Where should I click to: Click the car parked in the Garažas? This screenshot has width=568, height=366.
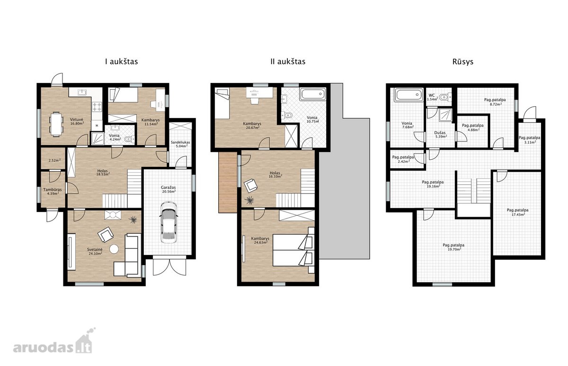point(169,223)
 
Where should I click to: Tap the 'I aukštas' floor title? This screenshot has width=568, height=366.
point(122,62)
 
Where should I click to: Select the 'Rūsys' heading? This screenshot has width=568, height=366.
point(463,62)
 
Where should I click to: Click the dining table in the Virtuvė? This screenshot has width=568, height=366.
point(56,124)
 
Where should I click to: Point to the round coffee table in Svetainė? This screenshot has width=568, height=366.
point(114,249)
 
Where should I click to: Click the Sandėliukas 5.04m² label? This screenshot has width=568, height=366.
point(180,144)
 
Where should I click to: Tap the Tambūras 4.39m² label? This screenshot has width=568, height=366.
point(52,191)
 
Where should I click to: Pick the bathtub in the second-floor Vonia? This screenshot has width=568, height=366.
point(313,94)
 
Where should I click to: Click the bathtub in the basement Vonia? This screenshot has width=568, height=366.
point(408,95)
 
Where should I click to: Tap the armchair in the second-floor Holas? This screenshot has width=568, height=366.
point(251,185)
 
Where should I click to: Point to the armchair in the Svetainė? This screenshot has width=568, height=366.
point(105,234)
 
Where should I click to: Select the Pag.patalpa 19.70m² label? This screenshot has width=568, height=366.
point(453,247)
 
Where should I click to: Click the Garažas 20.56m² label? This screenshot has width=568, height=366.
point(169,189)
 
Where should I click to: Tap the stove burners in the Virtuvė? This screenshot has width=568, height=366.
point(97,107)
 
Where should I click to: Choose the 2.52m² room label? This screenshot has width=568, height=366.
point(54,160)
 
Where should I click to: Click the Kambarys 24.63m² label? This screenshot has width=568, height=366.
point(260,240)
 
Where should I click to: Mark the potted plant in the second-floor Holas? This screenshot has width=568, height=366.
point(249,201)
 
